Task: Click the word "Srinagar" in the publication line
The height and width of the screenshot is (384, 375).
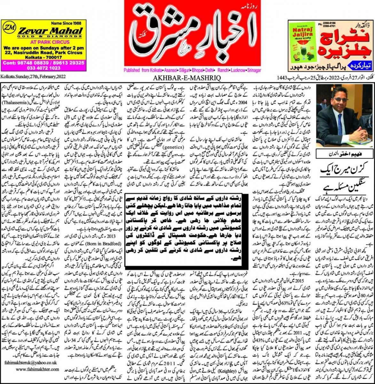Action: click(x=252, y=70)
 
